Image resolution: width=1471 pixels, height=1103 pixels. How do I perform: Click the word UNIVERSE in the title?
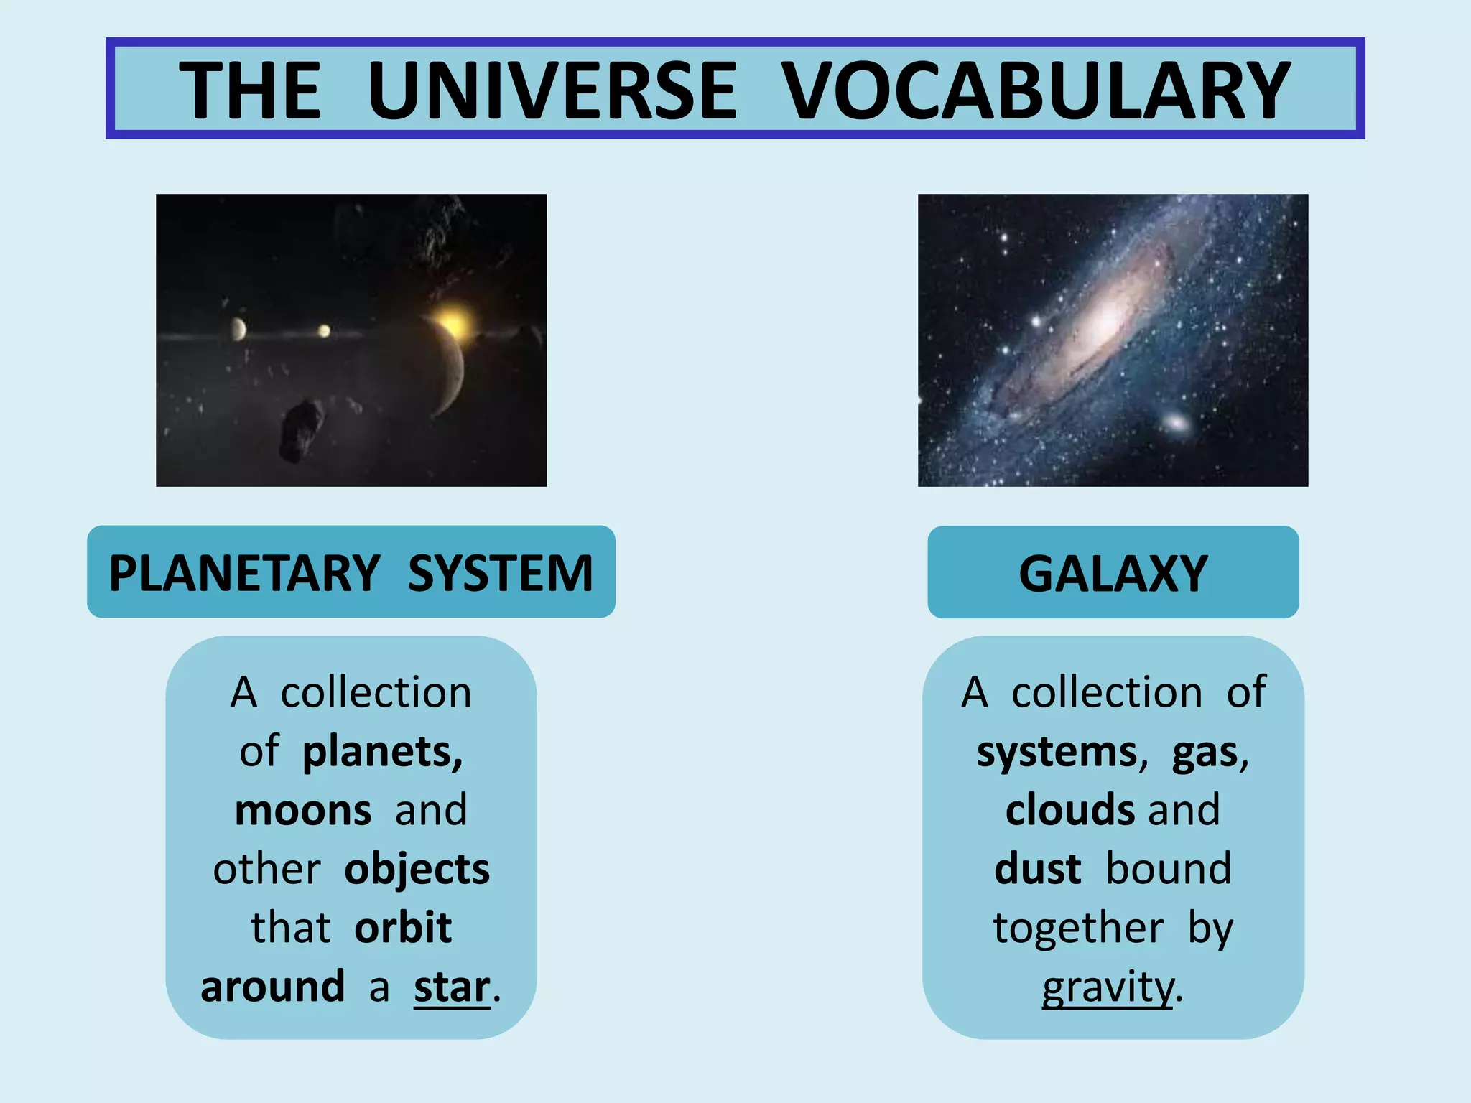click(552, 90)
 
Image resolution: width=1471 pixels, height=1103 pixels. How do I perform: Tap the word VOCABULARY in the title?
click(1036, 90)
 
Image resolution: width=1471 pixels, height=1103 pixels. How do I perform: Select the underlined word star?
click(452, 987)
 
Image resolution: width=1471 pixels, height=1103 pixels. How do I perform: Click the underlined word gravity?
click(1107, 987)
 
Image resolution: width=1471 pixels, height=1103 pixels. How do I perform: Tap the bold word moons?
click(303, 810)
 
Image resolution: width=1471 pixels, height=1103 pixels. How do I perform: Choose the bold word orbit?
click(403, 928)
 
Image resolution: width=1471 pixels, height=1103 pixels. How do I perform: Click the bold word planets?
click(382, 752)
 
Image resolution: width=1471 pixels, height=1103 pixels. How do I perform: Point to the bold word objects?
click(417, 870)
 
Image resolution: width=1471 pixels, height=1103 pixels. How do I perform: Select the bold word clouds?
click(1071, 810)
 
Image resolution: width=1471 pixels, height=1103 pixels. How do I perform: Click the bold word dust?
click(1038, 869)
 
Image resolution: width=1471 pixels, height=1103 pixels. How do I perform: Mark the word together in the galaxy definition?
click(1078, 928)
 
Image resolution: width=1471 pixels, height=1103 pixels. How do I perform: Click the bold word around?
click(273, 987)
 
